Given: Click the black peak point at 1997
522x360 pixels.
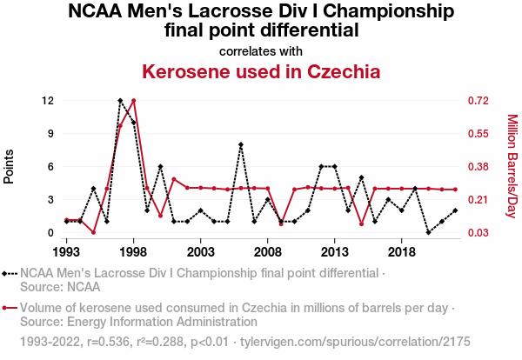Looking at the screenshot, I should (x=120, y=101).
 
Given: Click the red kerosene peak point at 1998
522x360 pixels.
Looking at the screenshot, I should (x=133, y=101).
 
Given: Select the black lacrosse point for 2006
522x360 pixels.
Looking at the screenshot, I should (x=241, y=144).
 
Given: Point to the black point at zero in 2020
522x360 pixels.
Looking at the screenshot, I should (x=428, y=232).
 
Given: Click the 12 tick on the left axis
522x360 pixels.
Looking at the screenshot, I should (x=49, y=101).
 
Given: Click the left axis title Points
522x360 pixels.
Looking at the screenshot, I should (x=10, y=165).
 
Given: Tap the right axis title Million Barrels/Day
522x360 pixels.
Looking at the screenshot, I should (x=512, y=166).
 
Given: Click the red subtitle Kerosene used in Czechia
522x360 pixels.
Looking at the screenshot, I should (x=261, y=70).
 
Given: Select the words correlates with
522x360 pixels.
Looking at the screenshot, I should (x=261, y=50).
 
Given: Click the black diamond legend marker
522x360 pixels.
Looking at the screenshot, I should (x=10, y=274).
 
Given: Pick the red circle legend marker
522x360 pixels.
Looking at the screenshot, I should (x=10, y=308).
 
